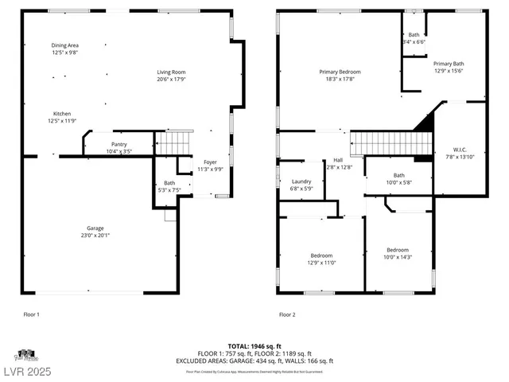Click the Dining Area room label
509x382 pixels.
[x=65, y=45]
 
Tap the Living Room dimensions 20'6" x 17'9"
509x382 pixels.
[x=171, y=79]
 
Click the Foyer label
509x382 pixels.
[x=210, y=162]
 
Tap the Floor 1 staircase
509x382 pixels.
[x=173, y=144]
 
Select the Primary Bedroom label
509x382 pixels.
[x=340, y=72]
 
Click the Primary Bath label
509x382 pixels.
[x=449, y=64]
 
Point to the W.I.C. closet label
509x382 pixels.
[x=460, y=149]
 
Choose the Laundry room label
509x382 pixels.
[x=301, y=181]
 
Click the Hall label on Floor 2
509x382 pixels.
[x=338, y=160]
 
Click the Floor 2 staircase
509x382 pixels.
[x=391, y=144]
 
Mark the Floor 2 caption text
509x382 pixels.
[x=287, y=314]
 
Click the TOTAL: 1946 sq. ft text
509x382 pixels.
[x=254, y=346]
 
